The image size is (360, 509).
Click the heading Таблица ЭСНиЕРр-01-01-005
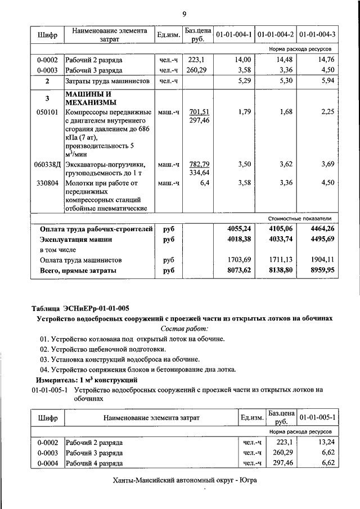80,308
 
